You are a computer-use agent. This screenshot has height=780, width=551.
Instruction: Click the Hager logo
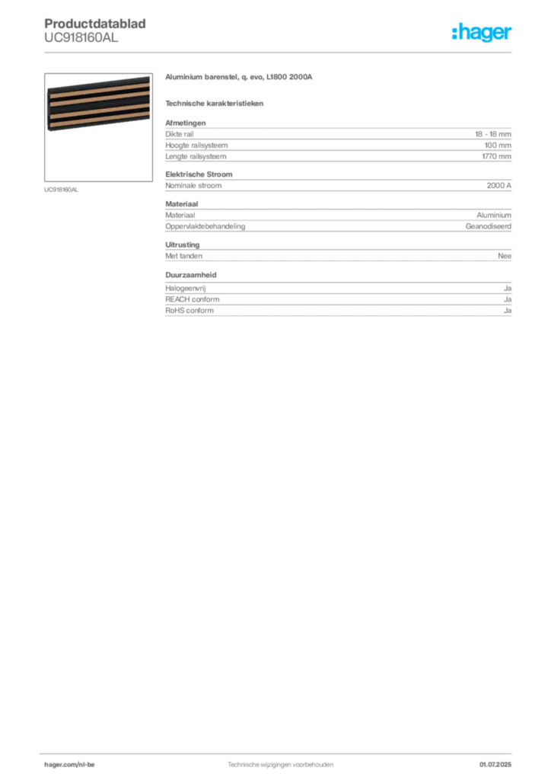click(x=482, y=32)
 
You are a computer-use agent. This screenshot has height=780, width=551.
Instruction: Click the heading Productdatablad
click(x=95, y=24)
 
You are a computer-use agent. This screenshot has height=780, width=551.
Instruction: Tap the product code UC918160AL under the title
click(x=81, y=37)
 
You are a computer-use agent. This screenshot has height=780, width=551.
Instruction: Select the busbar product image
click(x=98, y=127)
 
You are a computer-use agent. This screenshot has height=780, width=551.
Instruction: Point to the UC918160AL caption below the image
click(x=61, y=190)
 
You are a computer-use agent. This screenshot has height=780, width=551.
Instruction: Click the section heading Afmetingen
click(x=186, y=123)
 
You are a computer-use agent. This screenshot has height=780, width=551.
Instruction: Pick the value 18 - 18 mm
click(x=493, y=134)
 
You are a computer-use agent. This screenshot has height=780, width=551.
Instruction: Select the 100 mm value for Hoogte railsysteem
click(x=498, y=145)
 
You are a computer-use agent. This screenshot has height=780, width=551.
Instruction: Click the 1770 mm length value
click(x=496, y=156)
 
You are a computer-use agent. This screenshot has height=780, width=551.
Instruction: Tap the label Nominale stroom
click(x=193, y=186)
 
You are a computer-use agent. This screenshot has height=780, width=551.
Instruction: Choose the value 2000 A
click(x=498, y=186)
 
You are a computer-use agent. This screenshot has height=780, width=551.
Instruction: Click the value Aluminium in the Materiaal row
click(x=494, y=216)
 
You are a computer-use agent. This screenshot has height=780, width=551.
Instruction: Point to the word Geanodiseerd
click(x=489, y=226)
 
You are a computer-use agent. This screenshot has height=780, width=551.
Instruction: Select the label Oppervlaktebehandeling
click(x=205, y=226)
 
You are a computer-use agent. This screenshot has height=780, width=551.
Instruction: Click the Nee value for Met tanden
click(x=505, y=256)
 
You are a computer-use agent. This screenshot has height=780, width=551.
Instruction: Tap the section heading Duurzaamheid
click(x=191, y=274)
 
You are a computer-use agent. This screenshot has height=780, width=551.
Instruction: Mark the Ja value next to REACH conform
click(x=508, y=299)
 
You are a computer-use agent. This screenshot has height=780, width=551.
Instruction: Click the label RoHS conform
click(x=190, y=311)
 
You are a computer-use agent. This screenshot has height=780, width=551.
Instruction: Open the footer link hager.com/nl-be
click(x=69, y=764)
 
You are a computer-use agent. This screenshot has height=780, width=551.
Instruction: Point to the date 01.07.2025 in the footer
click(x=495, y=764)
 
